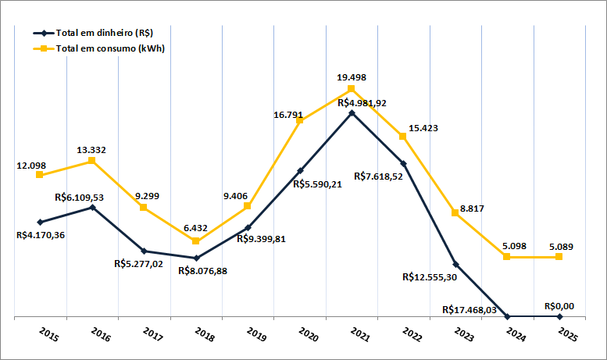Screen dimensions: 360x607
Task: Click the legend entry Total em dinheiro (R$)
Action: tap(102, 33)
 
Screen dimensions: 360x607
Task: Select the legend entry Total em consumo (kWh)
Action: tap(109, 48)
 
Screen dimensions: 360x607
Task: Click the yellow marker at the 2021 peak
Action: tap(352, 89)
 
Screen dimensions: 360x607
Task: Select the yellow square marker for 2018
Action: tap(196, 241)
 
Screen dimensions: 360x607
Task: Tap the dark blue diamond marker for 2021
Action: tap(352, 113)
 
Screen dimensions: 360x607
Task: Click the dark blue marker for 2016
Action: tap(92, 207)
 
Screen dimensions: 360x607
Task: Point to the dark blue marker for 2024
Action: tap(507, 317)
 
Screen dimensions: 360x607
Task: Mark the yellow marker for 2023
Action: tap(455, 213)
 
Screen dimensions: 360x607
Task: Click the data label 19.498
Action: tap(352, 77)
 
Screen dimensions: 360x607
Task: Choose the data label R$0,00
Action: tap(559, 306)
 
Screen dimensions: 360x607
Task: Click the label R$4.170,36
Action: tap(41, 235)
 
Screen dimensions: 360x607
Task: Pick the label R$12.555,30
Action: tap(429, 276)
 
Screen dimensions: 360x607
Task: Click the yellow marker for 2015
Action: tap(40, 175)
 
